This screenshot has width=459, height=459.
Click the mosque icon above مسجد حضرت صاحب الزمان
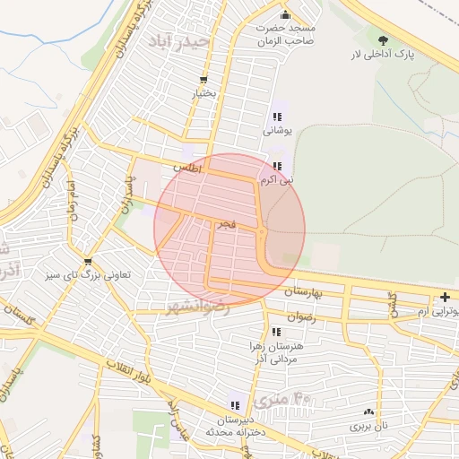[x=286, y=14]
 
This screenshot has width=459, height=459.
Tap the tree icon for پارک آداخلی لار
[x=384, y=40]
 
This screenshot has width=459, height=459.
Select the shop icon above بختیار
[x=204, y=79]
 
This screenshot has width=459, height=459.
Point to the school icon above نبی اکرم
[x=279, y=166]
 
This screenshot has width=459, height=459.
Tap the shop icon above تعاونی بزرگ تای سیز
[x=88, y=261]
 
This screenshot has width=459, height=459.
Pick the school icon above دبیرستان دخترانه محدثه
[x=236, y=405]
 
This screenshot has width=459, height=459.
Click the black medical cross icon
[x=446, y=298]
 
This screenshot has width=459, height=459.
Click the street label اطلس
[x=187, y=168]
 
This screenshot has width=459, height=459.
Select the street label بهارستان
[x=303, y=293]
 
